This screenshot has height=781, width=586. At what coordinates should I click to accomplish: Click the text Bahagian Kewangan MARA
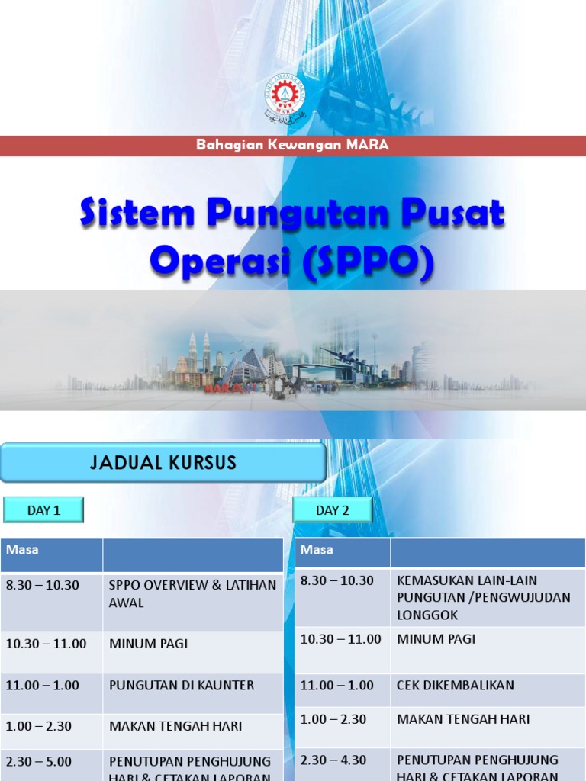tap(292, 145)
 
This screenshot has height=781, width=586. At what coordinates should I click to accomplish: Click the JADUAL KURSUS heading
tap(163, 462)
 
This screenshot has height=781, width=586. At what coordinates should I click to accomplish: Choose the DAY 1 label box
tap(43, 510)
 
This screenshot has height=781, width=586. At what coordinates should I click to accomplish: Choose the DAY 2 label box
tap(333, 510)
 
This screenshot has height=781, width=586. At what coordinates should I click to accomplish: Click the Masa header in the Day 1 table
tap(22, 550)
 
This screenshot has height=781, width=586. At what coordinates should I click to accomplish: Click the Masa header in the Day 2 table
tap(317, 550)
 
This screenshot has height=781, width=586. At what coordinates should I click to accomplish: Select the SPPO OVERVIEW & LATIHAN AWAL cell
tap(192, 593)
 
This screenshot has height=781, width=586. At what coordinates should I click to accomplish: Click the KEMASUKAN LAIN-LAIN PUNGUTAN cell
tap(483, 597)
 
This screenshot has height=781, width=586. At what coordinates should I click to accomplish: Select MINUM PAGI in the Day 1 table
tap(148, 644)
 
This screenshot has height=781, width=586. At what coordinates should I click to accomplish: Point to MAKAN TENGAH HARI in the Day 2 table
tap(463, 719)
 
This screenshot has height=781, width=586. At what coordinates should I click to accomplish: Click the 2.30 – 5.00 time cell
tap(39, 761)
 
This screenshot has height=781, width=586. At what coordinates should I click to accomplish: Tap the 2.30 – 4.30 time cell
tap(333, 760)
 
